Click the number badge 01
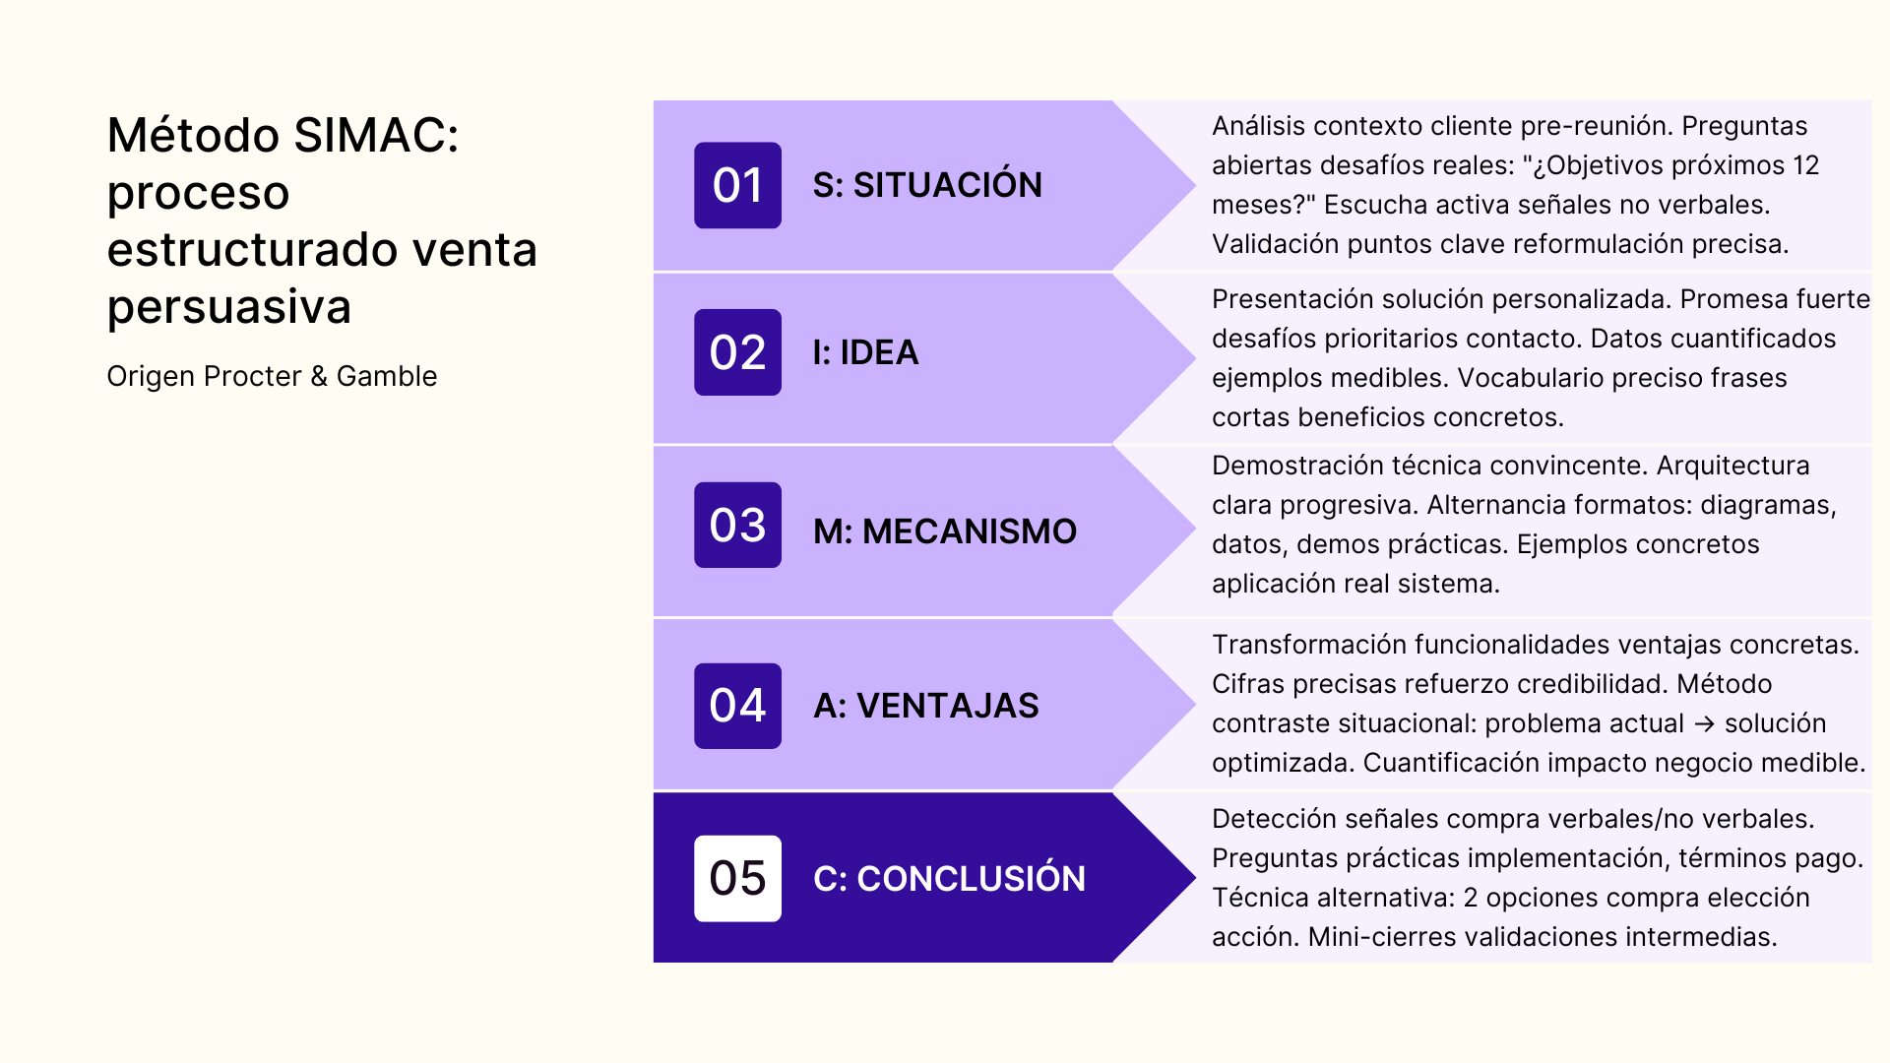[x=737, y=185]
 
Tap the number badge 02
[x=737, y=352]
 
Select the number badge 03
[x=737, y=525]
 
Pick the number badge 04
[x=737, y=706]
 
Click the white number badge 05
[x=737, y=878]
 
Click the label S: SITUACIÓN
[x=927, y=185]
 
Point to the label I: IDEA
[x=865, y=352]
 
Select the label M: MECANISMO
[x=945, y=531]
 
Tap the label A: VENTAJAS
[x=926, y=706]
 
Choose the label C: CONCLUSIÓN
[x=949, y=878]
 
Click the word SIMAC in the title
[x=376, y=135]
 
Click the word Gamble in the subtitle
[x=387, y=376]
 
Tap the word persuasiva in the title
[x=228, y=306]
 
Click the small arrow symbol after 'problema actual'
[x=1705, y=723]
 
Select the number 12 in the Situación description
[x=1805, y=165]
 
